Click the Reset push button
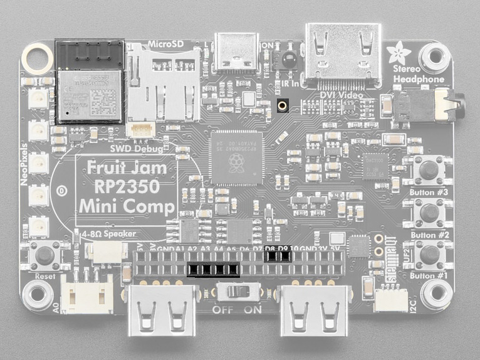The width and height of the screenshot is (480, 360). point(44,256)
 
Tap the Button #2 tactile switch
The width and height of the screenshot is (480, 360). point(429,212)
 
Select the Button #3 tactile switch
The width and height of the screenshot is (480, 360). point(429,169)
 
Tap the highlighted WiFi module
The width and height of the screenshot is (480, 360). point(90,82)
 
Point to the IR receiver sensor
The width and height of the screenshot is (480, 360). point(289,60)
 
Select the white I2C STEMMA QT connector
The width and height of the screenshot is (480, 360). point(390,300)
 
